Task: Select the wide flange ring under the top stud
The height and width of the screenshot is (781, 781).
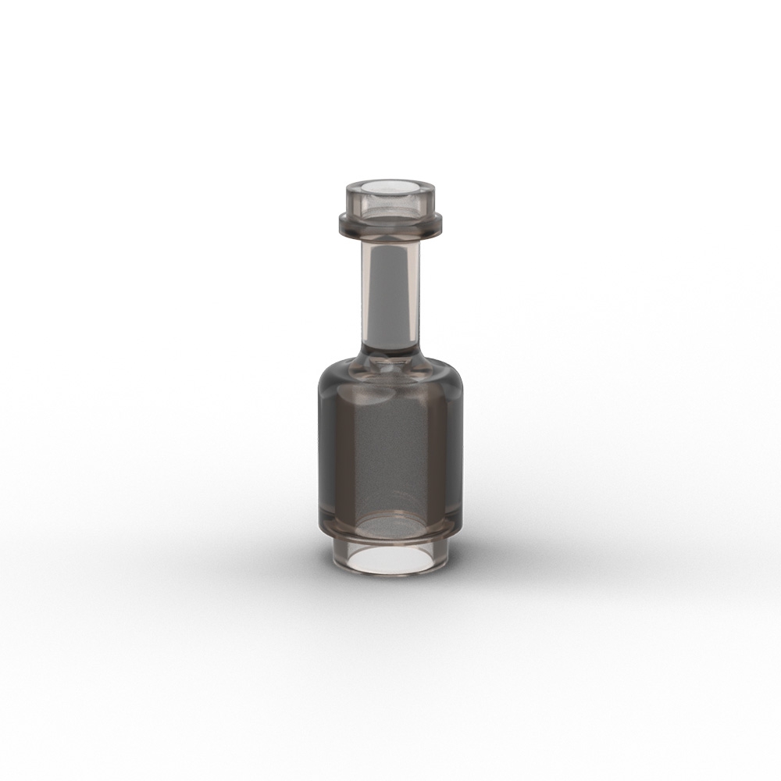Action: coord(390,224)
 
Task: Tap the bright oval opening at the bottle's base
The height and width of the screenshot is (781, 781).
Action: coord(390,558)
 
